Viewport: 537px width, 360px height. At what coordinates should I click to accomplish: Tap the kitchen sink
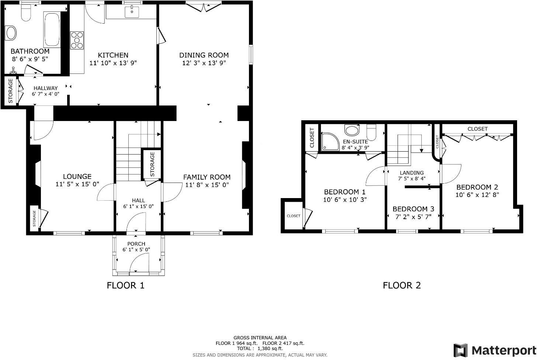132,12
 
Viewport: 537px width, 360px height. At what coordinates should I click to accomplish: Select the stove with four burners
77,40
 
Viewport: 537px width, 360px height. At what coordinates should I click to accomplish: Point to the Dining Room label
204,55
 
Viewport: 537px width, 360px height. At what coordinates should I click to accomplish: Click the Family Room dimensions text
207,185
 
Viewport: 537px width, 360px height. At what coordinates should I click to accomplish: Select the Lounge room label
77,176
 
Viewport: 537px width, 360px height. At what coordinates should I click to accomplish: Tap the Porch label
136,244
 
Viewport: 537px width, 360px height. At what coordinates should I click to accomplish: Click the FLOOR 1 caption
125,285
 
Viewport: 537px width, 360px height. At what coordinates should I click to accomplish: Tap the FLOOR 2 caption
402,285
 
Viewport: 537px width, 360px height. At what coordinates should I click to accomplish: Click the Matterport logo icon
460,350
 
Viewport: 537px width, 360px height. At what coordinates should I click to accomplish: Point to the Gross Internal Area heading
260,337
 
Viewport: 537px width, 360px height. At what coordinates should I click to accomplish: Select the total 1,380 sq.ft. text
260,348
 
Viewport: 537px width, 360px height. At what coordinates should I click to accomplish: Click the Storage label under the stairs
152,164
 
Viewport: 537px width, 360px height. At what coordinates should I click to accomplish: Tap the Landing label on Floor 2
412,173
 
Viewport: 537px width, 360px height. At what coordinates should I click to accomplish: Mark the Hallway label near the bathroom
45,88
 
